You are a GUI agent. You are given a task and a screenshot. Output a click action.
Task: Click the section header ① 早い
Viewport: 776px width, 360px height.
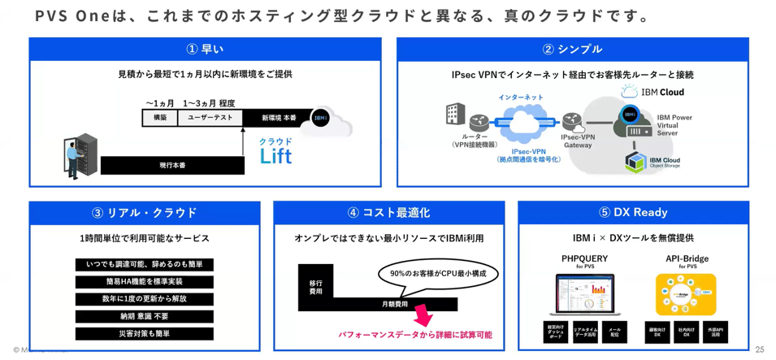click(x=205, y=49)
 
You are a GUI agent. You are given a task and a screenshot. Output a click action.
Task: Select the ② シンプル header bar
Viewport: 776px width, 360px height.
click(x=572, y=49)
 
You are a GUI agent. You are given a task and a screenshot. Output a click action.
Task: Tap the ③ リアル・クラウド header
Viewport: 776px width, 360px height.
click(x=145, y=213)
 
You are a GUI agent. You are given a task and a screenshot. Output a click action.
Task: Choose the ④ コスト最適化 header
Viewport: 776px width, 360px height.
click(x=388, y=213)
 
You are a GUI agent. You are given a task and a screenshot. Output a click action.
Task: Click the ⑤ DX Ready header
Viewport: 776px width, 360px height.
click(x=633, y=213)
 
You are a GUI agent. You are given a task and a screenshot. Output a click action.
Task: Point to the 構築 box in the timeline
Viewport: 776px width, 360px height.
click(x=160, y=118)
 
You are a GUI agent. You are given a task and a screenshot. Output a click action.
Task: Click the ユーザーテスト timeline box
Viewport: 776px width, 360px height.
click(x=210, y=118)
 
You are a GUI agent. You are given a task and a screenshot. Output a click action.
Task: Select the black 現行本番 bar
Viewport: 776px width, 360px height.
click(x=172, y=166)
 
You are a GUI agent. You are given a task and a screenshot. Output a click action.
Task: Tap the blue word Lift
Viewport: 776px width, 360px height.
click(x=275, y=157)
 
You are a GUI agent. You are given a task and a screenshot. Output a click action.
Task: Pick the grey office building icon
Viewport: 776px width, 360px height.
click(x=456, y=115)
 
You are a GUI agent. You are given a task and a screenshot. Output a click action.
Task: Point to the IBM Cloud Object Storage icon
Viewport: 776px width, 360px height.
click(x=635, y=162)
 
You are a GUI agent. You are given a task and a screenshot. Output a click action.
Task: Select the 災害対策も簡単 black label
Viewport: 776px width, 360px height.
click(x=145, y=334)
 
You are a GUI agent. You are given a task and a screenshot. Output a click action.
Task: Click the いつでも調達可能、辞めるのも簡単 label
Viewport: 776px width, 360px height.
click(x=145, y=265)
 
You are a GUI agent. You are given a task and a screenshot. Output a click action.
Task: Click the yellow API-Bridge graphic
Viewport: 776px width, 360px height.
click(x=687, y=293)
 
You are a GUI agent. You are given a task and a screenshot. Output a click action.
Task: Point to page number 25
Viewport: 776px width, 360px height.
click(x=760, y=349)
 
